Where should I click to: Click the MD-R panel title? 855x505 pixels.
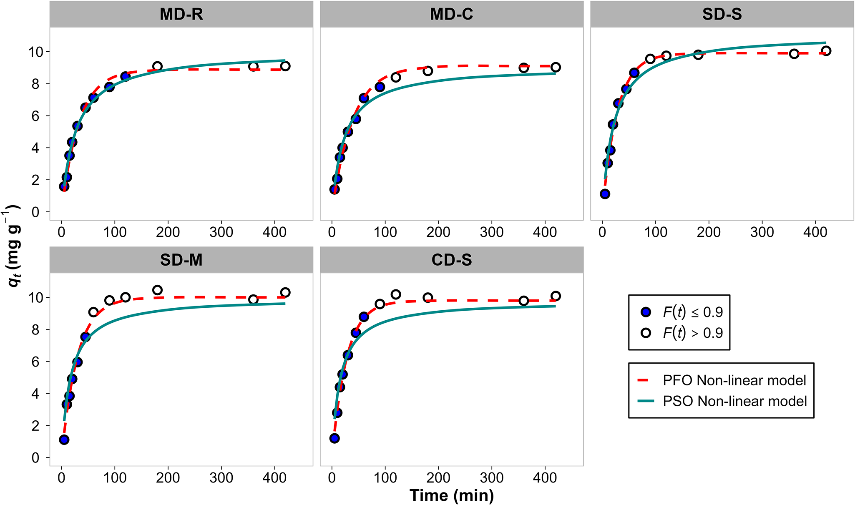181,15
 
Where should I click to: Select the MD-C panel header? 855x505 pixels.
451,15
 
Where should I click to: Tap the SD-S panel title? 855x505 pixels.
722,15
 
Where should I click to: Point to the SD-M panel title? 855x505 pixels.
181,260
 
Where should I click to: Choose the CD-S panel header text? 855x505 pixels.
451,260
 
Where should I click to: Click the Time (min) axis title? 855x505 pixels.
451,495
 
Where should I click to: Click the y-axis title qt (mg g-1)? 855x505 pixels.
13,246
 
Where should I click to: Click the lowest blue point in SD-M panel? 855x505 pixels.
64,440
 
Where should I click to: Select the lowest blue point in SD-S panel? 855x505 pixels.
605,194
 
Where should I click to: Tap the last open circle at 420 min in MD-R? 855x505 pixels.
285,66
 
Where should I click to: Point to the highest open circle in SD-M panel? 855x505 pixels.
157,290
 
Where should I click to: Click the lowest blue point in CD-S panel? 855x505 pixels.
334,438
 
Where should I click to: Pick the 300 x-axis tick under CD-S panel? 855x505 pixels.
491,478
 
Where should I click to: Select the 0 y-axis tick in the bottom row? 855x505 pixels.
35,458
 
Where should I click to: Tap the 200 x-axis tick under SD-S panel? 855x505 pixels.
708,232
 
